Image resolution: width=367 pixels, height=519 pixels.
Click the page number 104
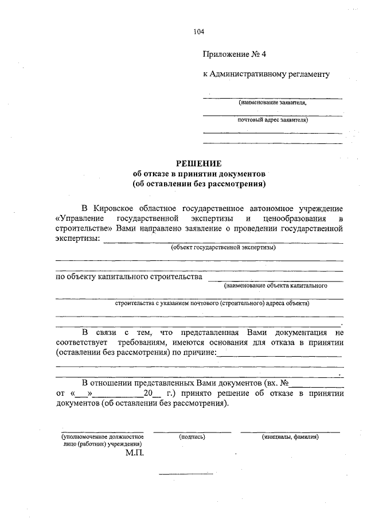coord(199,32)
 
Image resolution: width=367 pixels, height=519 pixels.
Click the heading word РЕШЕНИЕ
coord(198,163)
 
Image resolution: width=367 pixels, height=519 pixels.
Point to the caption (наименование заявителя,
coord(272,103)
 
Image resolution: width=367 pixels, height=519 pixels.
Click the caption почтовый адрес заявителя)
coord(273,120)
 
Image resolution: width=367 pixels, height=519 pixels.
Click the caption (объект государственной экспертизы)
coord(223,248)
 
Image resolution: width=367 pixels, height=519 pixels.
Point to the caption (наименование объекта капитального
coord(276,285)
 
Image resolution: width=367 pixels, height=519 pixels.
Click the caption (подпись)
coord(192,436)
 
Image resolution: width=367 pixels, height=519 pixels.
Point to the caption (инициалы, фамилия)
coord(290,436)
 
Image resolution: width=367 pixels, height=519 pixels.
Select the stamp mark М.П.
coord(135,452)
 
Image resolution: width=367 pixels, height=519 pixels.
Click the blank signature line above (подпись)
coord(192,431)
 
